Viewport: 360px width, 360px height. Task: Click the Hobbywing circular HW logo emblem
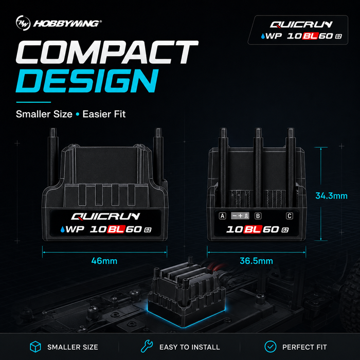[x=23, y=23]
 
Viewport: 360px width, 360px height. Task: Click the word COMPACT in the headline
[x=107, y=52]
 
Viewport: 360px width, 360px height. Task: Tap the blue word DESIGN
[x=87, y=81]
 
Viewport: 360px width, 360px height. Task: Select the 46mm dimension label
[x=104, y=261]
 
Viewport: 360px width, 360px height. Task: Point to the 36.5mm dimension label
[x=256, y=261]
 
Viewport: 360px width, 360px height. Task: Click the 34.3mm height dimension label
[x=331, y=196]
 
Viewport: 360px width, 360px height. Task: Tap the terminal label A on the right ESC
[x=222, y=216]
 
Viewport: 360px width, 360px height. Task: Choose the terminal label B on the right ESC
[x=258, y=216]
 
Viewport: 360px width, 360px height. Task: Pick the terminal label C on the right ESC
[x=289, y=216]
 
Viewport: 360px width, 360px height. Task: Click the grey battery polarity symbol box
[x=240, y=216]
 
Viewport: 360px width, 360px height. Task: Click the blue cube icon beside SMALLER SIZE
[x=35, y=347]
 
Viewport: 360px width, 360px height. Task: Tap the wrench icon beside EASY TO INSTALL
[x=147, y=347]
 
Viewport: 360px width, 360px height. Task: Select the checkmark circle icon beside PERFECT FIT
[x=270, y=347]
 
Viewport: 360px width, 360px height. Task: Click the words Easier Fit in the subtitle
[x=104, y=114]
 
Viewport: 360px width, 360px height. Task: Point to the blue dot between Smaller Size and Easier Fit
[x=77, y=114]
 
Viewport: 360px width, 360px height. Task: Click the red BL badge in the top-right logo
[x=310, y=36]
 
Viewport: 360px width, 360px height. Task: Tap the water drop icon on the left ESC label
[x=62, y=229]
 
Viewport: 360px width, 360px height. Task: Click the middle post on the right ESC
[x=258, y=168]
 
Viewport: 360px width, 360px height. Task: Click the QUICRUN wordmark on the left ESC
[x=105, y=217]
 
